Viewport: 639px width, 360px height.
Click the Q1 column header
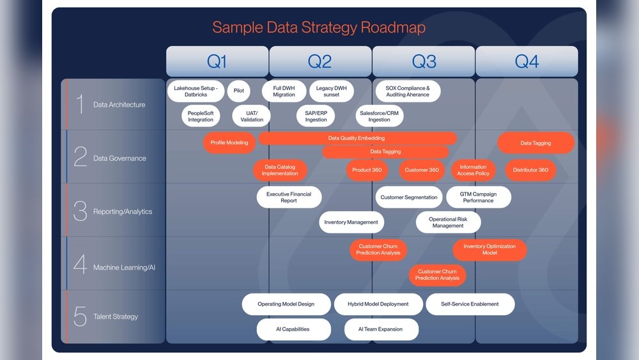(217, 61)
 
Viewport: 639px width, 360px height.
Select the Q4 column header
(527, 61)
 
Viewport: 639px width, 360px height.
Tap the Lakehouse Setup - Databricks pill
(196, 91)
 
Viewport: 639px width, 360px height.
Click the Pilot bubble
(238, 91)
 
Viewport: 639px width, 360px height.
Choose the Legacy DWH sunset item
(331, 91)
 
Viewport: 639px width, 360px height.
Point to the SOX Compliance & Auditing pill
(408, 91)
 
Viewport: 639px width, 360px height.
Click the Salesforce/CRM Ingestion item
(379, 116)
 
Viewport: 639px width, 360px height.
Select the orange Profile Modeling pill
(229, 143)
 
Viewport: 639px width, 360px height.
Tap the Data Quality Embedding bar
(357, 138)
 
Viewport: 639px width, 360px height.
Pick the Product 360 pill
(367, 170)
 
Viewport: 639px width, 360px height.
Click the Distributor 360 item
(530, 170)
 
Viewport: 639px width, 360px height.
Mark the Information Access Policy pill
(473, 170)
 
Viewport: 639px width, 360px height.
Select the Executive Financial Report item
(289, 197)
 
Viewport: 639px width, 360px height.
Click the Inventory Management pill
(351, 223)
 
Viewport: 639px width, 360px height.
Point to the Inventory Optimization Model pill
(489, 249)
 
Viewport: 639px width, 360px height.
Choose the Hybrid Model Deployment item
(378, 304)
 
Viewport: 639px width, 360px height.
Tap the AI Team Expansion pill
(381, 329)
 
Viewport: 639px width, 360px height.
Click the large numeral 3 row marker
(80, 211)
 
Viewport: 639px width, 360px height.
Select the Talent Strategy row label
(116, 317)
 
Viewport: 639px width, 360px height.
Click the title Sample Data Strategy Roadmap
(319, 27)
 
